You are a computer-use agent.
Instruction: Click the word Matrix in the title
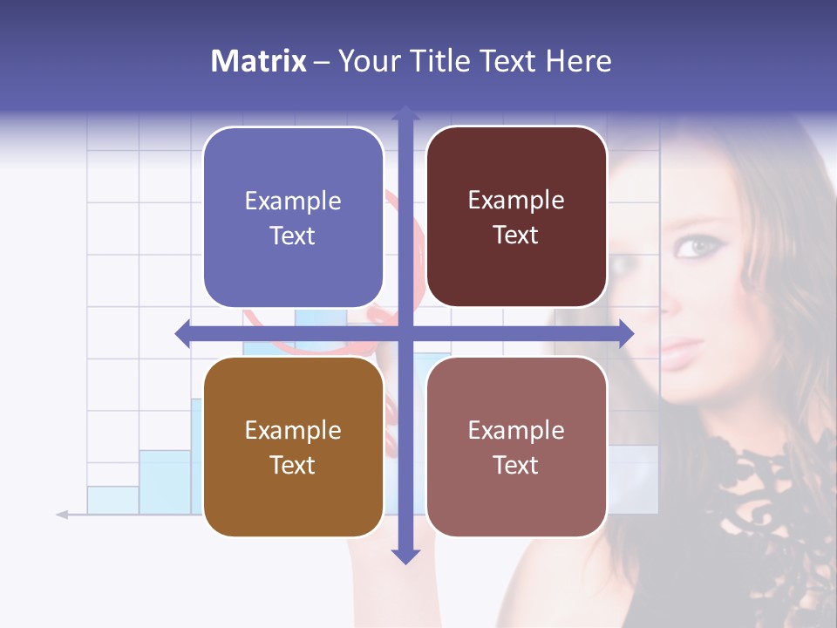click(259, 61)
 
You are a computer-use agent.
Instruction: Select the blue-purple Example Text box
click(293, 217)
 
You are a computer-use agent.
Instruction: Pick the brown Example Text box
click(293, 447)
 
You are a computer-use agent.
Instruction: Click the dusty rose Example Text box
click(516, 447)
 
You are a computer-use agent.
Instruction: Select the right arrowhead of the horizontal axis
click(625, 334)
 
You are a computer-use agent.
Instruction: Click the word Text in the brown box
click(293, 465)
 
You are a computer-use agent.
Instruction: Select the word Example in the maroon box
click(516, 200)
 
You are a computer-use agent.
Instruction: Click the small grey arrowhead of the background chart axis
click(62, 515)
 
